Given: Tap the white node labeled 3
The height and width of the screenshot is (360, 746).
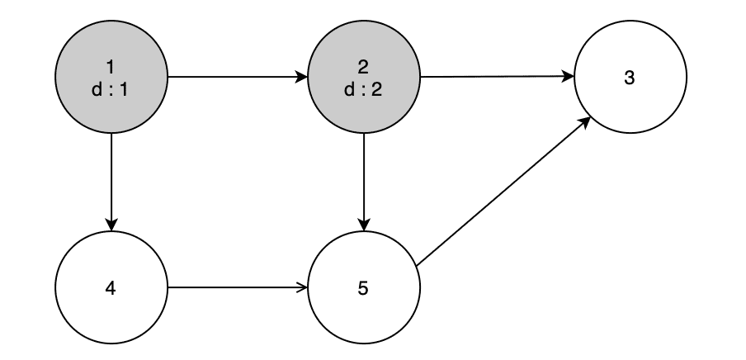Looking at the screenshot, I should coord(630,78).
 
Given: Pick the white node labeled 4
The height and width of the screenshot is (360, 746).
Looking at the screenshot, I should coord(111,289).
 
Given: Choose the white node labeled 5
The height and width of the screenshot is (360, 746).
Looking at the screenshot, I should coord(364,289).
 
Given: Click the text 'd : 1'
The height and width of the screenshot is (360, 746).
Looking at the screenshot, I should coord(111,89).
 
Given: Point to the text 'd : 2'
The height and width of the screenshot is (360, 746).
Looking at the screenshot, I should coord(364,89).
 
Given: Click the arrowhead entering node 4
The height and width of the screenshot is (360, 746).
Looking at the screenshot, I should coord(111,226).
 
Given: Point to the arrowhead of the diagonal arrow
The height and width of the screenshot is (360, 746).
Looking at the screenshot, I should coord(584,121).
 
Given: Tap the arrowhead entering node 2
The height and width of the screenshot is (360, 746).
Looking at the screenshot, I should coord(301,78).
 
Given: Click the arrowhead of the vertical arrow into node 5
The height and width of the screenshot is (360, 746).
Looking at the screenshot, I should coord(364,226).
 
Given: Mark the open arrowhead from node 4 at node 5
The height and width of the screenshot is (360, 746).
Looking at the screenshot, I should coord(302,289).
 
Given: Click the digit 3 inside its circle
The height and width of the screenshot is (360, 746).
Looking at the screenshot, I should coord(630,78).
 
